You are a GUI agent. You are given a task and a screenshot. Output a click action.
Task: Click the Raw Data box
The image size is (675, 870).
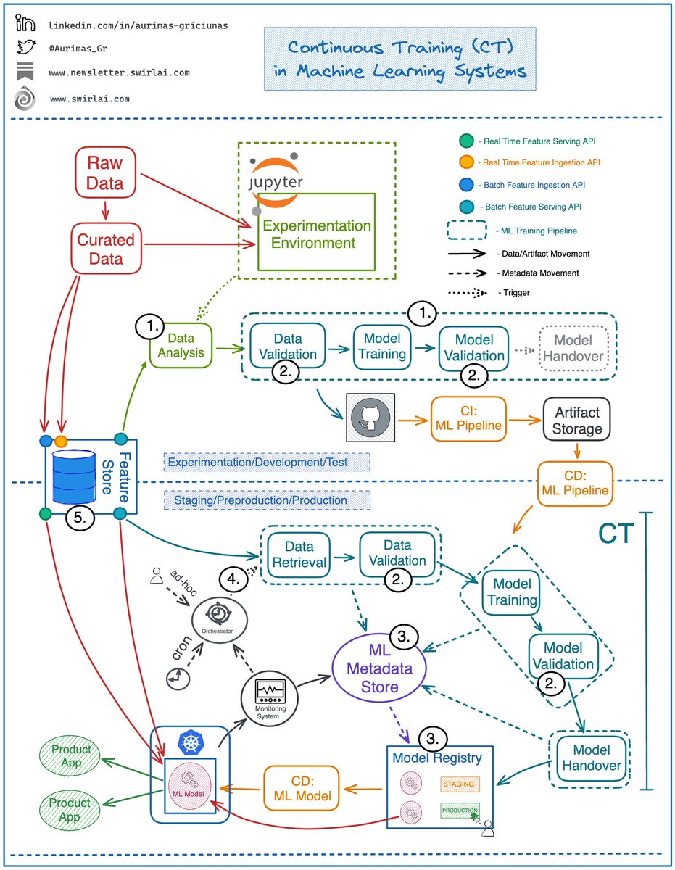[106, 172]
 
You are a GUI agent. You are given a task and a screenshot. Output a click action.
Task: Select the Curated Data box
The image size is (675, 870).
[106, 248]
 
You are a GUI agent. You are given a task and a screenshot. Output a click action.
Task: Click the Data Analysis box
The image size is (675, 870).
[181, 346]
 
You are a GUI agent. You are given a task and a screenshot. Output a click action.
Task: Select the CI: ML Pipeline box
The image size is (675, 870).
[468, 418]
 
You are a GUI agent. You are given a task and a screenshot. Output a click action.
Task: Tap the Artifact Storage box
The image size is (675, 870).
[577, 420]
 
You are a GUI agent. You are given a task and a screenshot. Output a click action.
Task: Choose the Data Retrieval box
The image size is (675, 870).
[299, 553]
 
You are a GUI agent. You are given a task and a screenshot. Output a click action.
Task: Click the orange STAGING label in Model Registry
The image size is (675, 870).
[458, 784]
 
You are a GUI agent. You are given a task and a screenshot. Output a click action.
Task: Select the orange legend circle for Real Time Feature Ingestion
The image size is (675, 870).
[467, 162]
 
